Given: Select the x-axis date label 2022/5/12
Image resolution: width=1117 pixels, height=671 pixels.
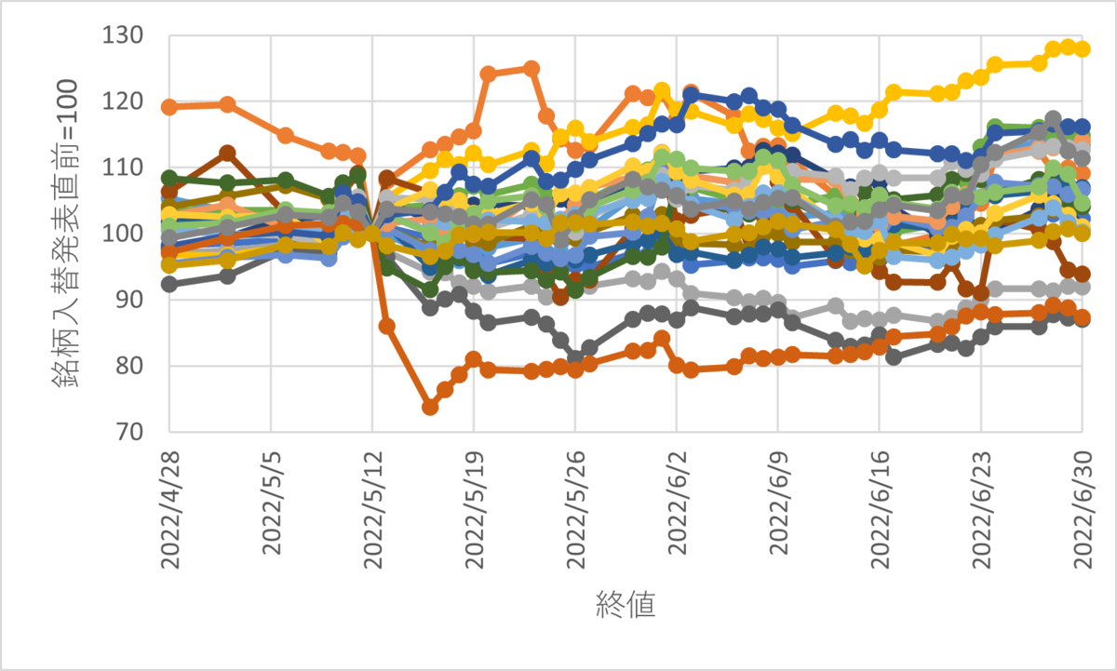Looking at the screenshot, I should pos(372,507).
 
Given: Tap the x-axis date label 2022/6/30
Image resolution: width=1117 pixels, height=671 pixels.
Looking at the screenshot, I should pos(1082,507).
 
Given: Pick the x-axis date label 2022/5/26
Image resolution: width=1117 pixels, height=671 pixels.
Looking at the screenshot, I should pos(575,507).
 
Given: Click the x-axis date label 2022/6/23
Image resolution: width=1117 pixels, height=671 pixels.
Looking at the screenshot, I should pos(980,507).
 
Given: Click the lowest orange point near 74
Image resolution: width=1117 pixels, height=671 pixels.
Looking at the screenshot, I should pos(430,407).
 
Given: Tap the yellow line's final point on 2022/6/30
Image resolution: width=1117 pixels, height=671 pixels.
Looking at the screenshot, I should pos(1082,48).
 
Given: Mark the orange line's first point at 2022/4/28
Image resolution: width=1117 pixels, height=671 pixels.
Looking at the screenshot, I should pos(169,107).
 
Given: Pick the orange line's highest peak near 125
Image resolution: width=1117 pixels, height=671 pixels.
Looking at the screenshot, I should pos(532,68).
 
